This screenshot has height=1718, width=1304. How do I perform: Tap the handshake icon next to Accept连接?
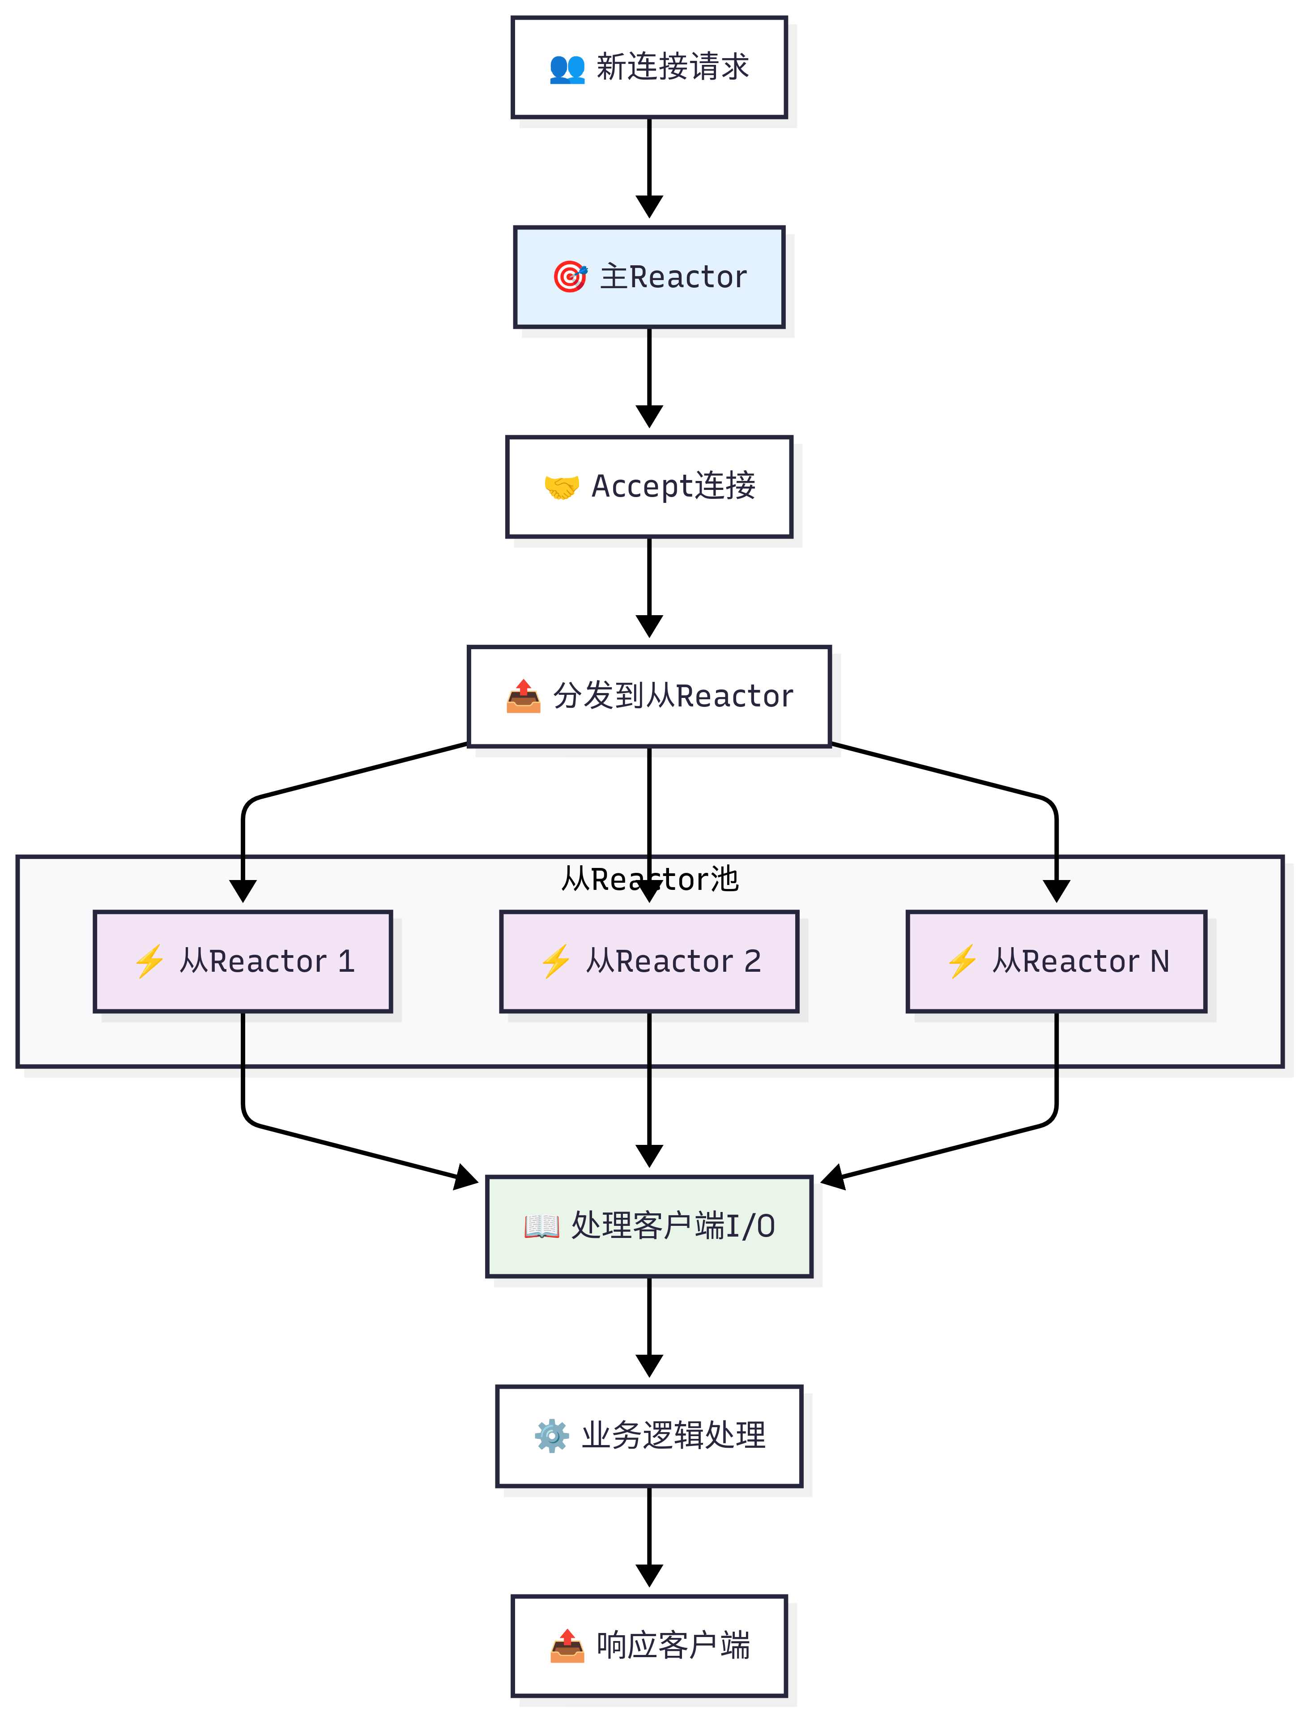[561, 487]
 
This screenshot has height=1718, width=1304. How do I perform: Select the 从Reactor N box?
[1056, 961]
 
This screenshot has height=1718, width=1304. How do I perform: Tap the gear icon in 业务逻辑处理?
[551, 1436]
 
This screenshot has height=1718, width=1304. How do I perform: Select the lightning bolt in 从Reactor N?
[962, 961]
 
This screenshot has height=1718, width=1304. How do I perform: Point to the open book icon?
[541, 1226]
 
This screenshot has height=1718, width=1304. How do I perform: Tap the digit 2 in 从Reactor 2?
[752, 961]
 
